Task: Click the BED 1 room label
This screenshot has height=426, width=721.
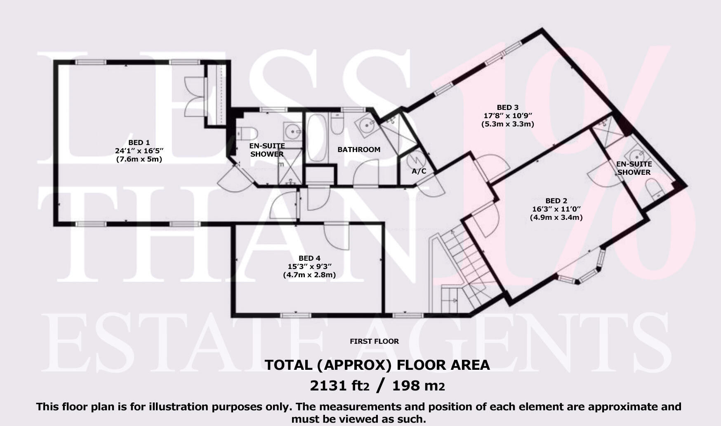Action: click(139, 143)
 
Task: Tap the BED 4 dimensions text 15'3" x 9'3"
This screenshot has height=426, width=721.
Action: click(309, 267)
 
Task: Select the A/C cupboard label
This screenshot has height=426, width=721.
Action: click(419, 171)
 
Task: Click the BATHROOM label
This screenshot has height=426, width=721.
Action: click(359, 150)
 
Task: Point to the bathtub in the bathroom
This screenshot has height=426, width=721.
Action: click(317, 138)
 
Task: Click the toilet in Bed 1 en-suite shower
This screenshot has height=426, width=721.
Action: click(247, 133)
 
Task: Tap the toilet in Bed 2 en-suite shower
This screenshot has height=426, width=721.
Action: click(653, 191)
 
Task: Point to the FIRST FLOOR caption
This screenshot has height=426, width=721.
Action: click(374, 341)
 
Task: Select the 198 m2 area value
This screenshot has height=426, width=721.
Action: click(418, 386)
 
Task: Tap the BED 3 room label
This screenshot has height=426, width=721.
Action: click(507, 107)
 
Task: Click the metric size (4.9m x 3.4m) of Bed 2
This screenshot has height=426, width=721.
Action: click(556, 217)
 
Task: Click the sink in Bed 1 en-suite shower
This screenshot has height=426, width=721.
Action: click(293, 132)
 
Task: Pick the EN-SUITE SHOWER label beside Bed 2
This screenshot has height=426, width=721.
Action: click(634, 168)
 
